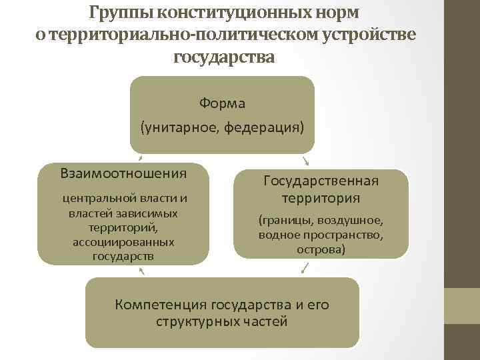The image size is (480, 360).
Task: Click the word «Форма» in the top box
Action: pos(222,103)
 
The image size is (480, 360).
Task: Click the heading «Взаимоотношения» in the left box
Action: pos(123,173)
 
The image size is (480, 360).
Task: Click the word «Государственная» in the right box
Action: pos(321,181)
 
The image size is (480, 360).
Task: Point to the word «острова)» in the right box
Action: pos(321,249)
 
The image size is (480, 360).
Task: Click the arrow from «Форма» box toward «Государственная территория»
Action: pos(305,160)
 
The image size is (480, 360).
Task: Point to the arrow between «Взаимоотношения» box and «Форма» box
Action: pos(140,158)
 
